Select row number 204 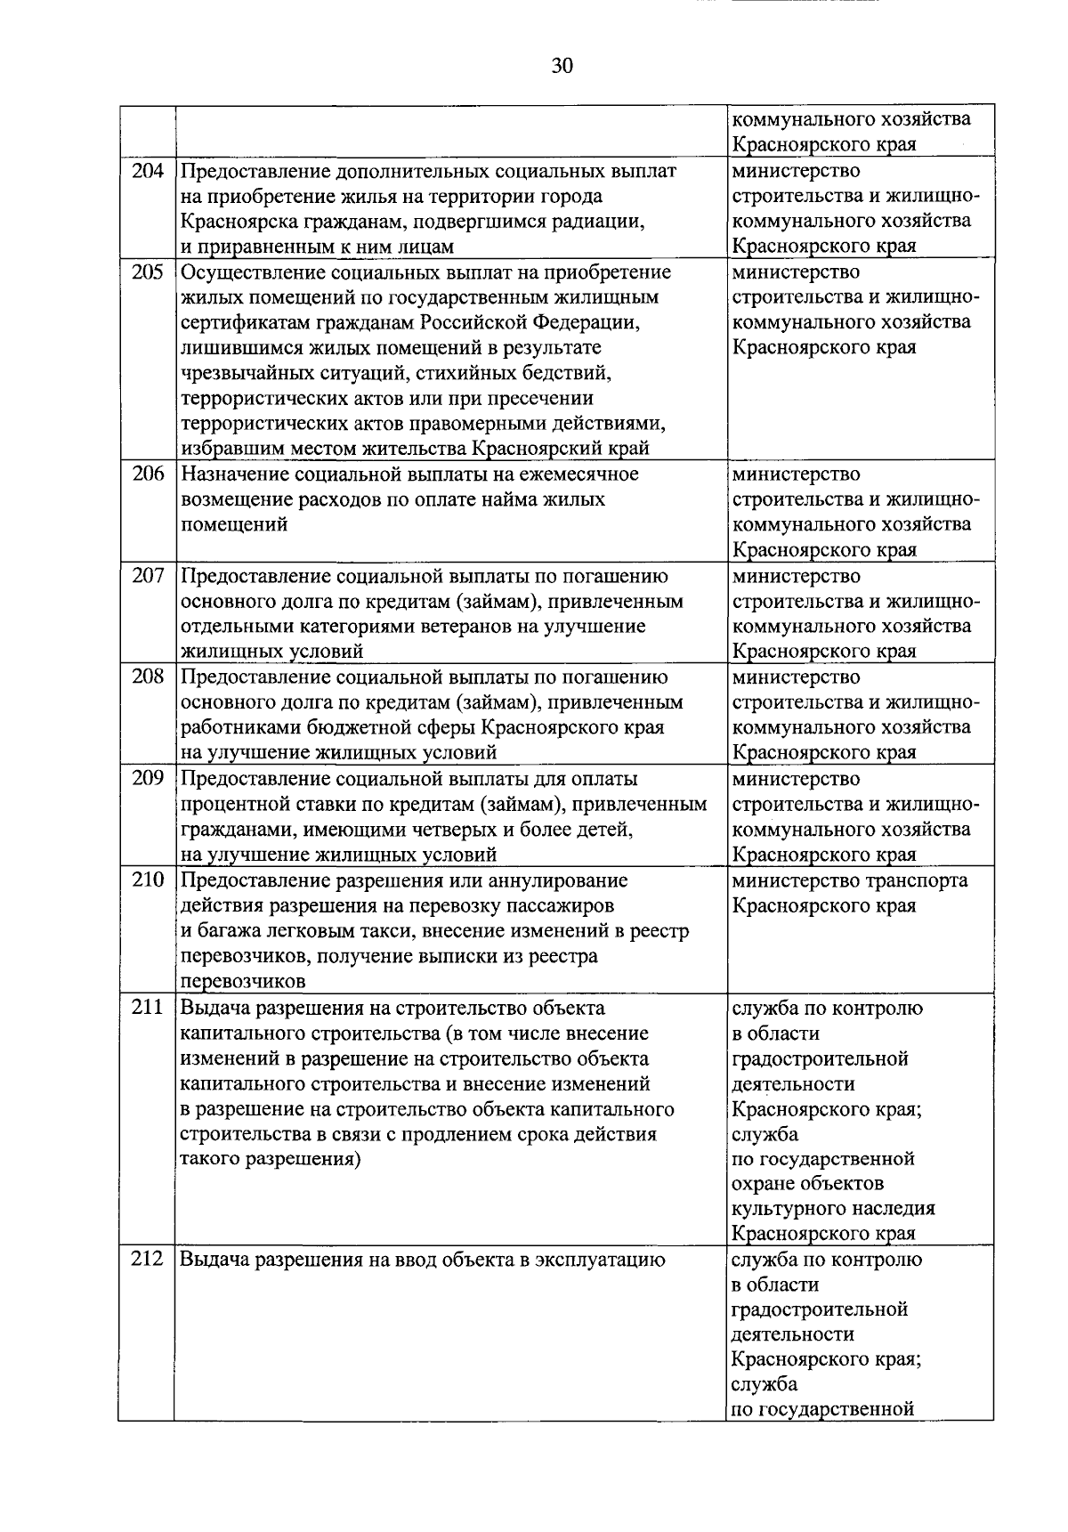pyautogui.click(x=148, y=170)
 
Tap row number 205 pyautogui.click(x=148, y=272)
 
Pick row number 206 pyautogui.click(x=148, y=474)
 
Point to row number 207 pyautogui.click(x=148, y=575)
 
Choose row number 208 pyautogui.click(x=148, y=677)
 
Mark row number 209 pyautogui.click(x=148, y=778)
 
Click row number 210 pyautogui.click(x=148, y=879)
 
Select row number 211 pyautogui.click(x=148, y=1007)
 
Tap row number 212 pyautogui.click(x=148, y=1259)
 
